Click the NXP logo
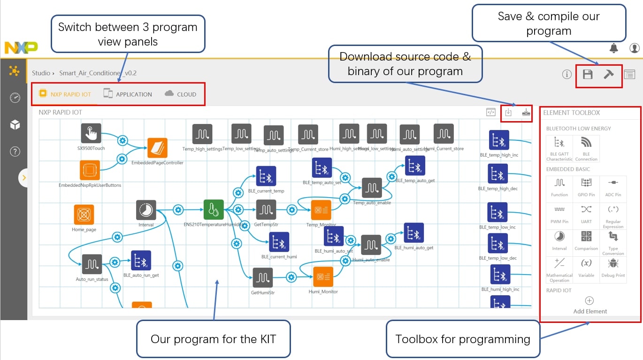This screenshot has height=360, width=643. (21, 47)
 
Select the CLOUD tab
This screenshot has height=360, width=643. (181, 94)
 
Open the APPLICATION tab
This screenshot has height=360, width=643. (128, 94)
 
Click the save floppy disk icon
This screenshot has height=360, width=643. (587, 74)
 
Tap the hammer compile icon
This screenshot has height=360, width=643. (609, 74)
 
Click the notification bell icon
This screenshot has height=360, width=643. (613, 48)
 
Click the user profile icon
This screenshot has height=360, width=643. (635, 48)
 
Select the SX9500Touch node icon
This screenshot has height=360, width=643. (91, 134)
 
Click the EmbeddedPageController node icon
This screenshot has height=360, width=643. (157, 148)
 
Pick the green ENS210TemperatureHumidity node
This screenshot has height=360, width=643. (214, 209)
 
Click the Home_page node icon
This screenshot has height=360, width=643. (84, 214)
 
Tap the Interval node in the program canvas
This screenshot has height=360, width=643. (146, 210)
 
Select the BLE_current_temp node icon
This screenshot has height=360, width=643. (266, 176)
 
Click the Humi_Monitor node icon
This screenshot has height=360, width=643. (323, 277)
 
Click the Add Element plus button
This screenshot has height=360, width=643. (589, 301)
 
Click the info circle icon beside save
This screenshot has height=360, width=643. (567, 74)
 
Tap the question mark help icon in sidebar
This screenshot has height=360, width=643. (15, 151)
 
